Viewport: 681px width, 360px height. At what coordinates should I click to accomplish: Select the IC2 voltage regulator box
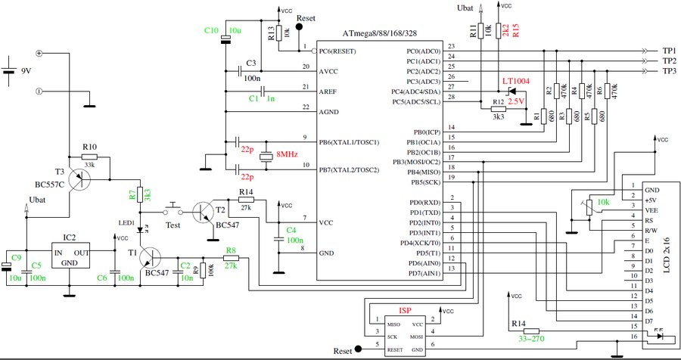(x=68, y=256)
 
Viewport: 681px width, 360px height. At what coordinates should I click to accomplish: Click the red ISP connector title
(x=406, y=311)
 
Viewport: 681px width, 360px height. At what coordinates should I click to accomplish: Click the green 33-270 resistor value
(x=532, y=340)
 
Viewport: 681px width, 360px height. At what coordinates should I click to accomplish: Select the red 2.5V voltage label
(x=515, y=100)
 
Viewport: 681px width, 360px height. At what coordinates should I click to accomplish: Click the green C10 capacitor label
(x=211, y=30)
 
